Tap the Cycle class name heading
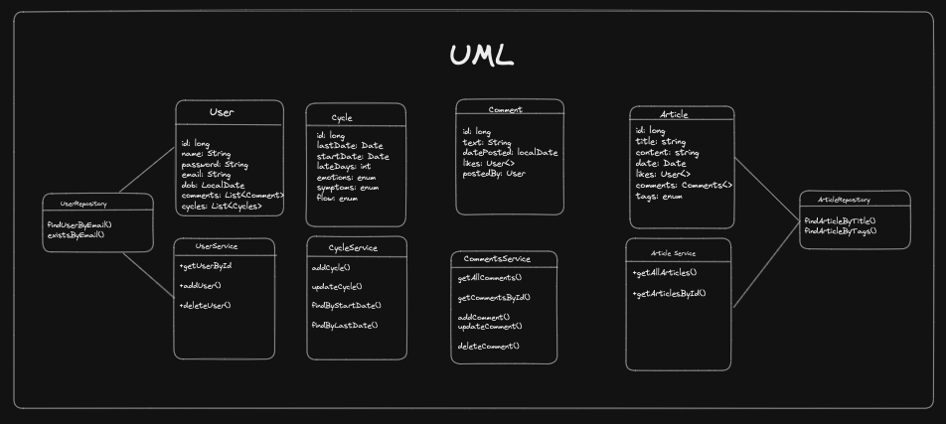click(x=342, y=118)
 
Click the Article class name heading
click(x=673, y=115)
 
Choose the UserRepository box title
click(x=84, y=204)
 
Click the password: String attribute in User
click(x=214, y=164)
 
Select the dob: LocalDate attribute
click(x=213, y=186)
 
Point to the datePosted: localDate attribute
click(x=510, y=153)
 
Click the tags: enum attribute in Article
click(x=659, y=197)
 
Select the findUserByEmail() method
click(x=79, y=224)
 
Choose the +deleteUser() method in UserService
click(x=205, y=305)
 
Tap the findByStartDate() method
click(x=346, y=306)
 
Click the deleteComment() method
click(x=488, y=346)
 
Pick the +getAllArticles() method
click(x=665, y=272)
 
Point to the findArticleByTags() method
click(x=841, y=230)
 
